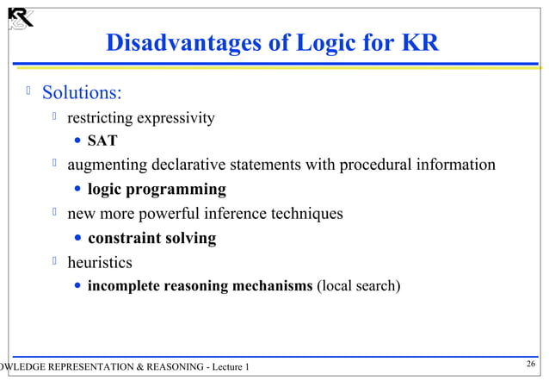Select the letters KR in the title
point(420,43)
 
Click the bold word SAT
point(102,141)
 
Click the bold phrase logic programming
point(157,189)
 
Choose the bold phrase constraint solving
point(151,237)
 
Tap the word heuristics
point(100,261)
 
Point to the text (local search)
point(359,285)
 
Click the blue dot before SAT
point(78,141)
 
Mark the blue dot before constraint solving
point(78,238)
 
